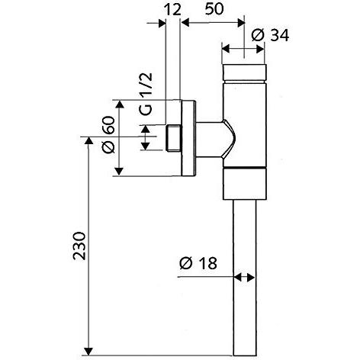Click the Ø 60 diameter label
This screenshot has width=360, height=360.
(x=107, y=138)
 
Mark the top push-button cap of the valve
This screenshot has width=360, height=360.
(x=244, y=73)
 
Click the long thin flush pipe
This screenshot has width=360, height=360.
(x=244, y=275)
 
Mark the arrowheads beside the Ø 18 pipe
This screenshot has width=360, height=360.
(x=244, y=278)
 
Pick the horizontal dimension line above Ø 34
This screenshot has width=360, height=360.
(x=244, y=48)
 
